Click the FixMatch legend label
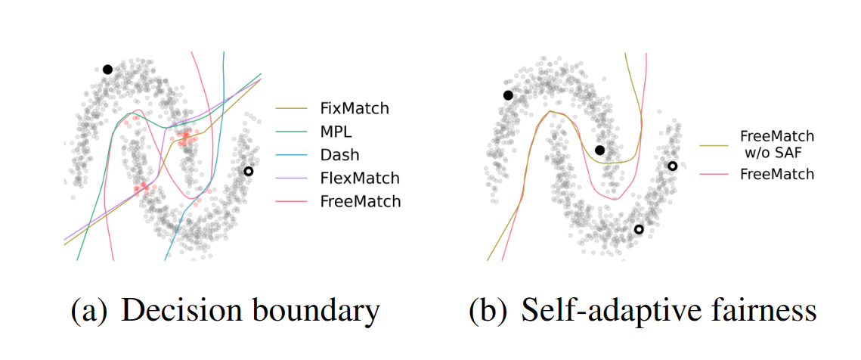355,108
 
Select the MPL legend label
336,132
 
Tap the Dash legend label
339,155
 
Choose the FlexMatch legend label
360,178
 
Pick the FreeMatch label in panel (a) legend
361,202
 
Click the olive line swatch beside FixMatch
293,108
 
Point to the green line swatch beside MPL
293,132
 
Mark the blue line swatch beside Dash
293,155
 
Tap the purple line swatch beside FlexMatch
293,178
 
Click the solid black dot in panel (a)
107,70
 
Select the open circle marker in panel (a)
247,172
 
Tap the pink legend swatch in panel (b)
713,174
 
